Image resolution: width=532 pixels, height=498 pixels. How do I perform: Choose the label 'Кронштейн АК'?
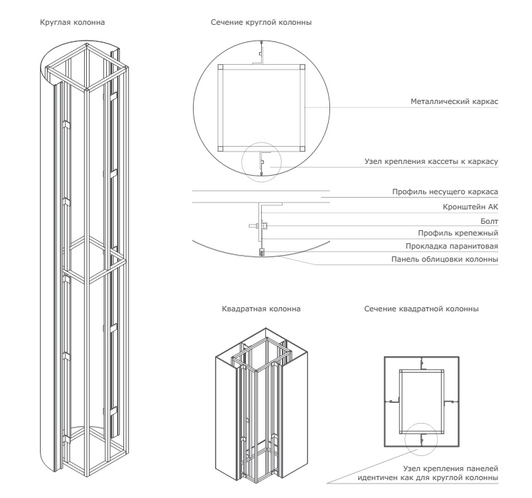(472, 206)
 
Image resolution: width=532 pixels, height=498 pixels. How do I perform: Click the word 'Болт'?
(489, 220)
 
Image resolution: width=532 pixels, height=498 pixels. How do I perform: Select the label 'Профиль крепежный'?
(460, 233)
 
